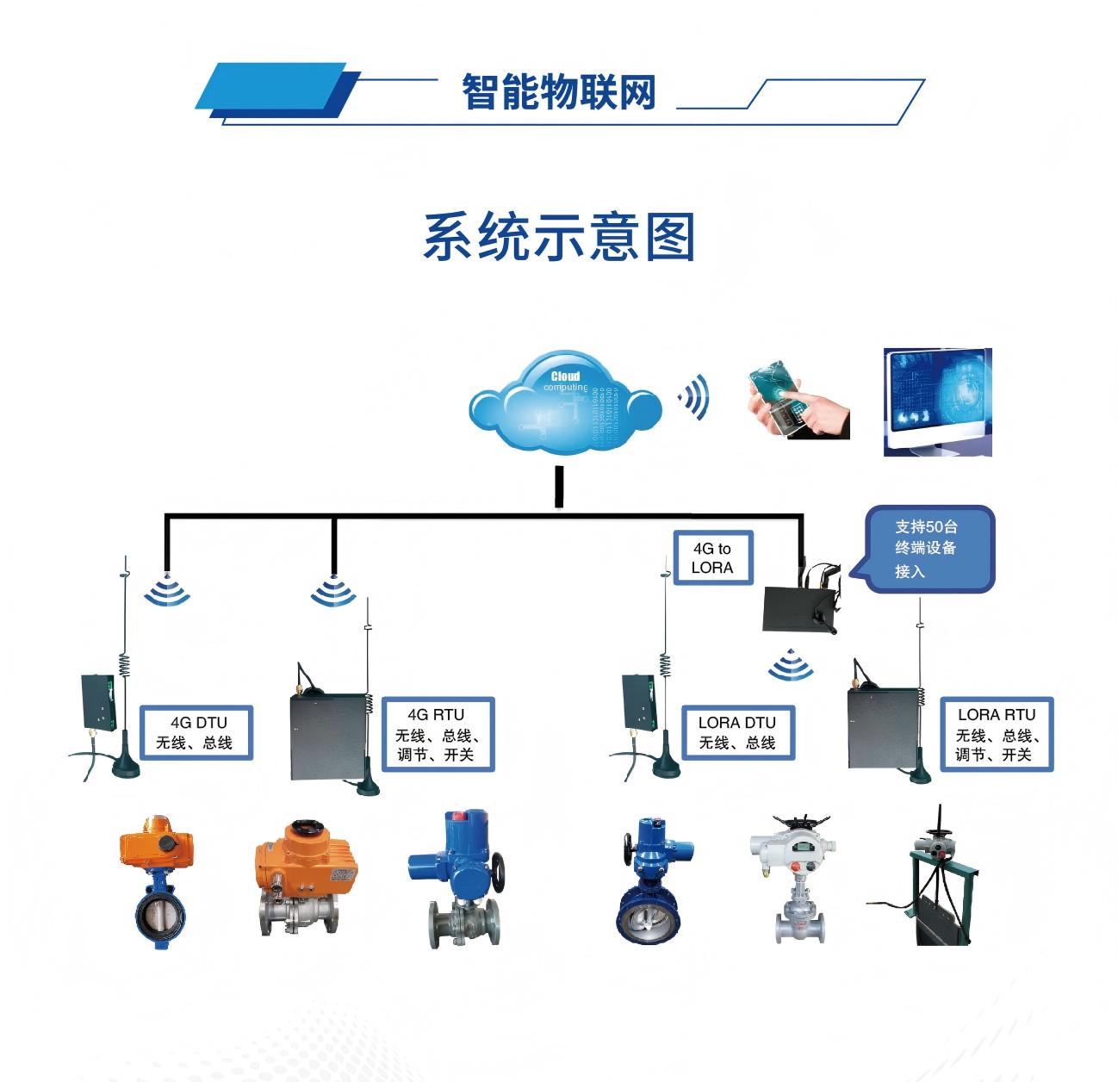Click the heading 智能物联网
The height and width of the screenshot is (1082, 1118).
(x=558, y=91)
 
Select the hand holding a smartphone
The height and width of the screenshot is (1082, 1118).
(x=798, y=401)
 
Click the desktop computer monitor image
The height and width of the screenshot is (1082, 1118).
(x=937, y=402)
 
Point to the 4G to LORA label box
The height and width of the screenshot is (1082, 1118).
(x=711, y=558)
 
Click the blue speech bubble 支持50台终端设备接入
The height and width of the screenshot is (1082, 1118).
(x=928, y=548)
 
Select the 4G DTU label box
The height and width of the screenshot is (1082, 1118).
(x=197, y=732)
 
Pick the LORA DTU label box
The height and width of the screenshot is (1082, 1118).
(x=736, y=732)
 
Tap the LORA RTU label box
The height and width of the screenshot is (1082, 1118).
(x=997, y=734)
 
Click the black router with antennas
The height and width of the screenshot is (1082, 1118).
(x=799, y=605)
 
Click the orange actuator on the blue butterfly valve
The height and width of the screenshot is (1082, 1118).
(x=156, y=846)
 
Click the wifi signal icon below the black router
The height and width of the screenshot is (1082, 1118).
(x=786, y=665)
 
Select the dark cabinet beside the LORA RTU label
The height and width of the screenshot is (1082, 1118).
(x=882, y=727)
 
